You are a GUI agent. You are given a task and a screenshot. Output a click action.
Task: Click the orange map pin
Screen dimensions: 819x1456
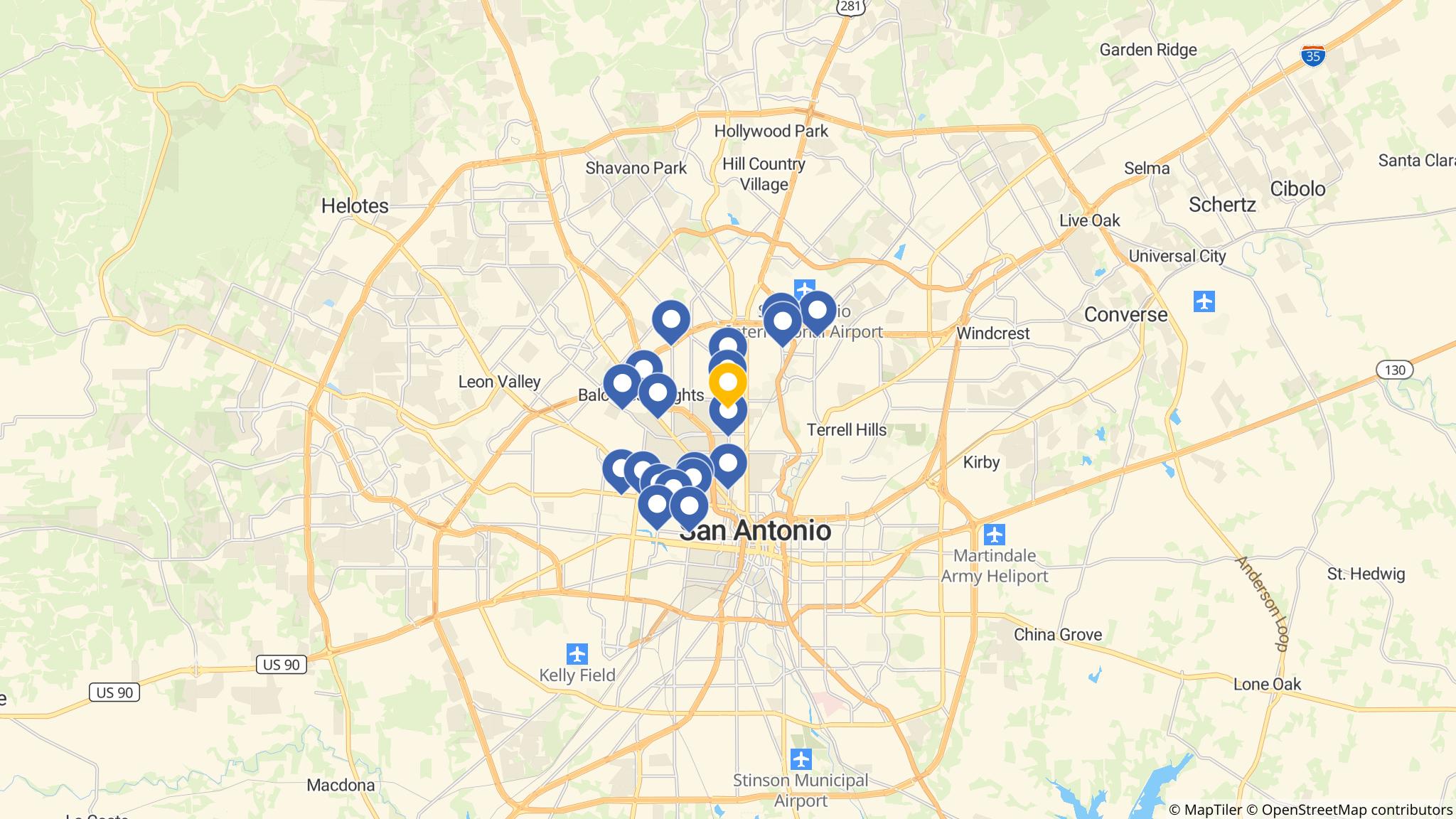pyautogui.click(x=728, y=382)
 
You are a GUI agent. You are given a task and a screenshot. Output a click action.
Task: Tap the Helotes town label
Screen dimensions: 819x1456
pyautogui.click(x=355, y=206)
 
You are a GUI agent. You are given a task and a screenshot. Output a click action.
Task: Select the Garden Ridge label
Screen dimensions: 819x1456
pyautogui.click(x=1148, y=50)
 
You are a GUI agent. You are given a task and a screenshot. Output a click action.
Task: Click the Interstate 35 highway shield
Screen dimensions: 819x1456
pyautogui.click(x=1313, y=56)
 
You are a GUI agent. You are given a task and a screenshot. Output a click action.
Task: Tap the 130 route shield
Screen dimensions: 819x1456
pyautogui.click(x=1395, y=370)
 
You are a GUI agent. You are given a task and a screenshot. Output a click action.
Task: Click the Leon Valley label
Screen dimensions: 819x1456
pyautogui.click(x=499, y=382)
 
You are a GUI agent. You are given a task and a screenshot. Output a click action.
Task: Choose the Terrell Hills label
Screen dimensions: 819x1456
pyautogui.click(x=847, y=429)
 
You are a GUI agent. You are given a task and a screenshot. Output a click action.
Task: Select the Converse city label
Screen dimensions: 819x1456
pyautogui.click(x=1125, y=314)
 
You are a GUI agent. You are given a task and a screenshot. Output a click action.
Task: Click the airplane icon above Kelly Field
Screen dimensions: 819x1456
pyautogui.click(x=577, y=653)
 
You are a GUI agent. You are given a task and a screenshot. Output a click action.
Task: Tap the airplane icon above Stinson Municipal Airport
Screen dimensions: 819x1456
pyautogui.click(x=801, y=759)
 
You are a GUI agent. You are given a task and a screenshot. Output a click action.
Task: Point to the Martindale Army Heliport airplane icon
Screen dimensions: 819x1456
pyautogui.click(x=995, y=533)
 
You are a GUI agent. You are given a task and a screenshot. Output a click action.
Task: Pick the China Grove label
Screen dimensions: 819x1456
pyautogui.click(x=1058, y=635)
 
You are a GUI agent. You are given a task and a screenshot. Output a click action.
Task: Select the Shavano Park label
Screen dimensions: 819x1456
pyautogui.click(x=636, y=168)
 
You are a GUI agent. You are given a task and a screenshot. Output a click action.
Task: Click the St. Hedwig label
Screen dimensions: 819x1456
pyautogui.click(x=1366, y=574)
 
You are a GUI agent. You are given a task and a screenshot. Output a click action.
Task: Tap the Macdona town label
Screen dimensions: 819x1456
pyautogui.click(x=341, y=786)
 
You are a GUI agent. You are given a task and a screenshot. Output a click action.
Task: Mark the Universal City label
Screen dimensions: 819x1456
pyautogui.click(x=1177, y=256)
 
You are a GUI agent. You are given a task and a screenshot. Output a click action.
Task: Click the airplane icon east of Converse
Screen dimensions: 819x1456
pyautogui.click(x=1204, y=301)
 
